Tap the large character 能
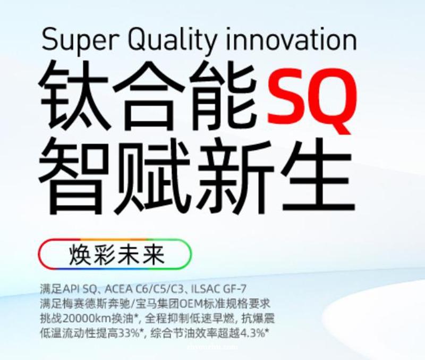223,96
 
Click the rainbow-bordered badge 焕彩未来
115,254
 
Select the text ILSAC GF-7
219,289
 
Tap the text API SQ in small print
79,289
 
